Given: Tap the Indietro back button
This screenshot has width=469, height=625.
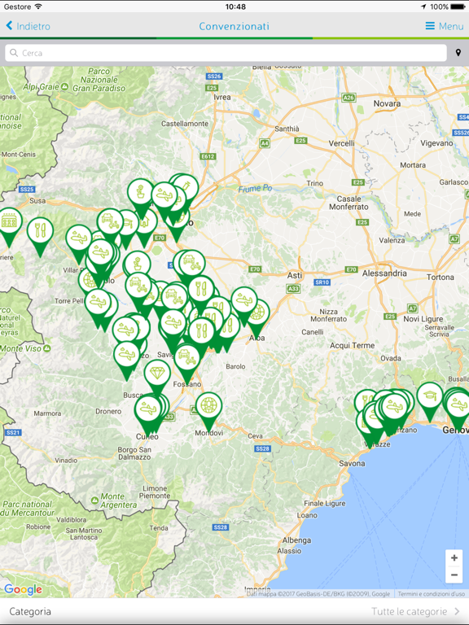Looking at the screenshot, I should click(x=28, y=26).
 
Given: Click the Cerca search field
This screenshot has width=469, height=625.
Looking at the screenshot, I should click(x=226, y=53).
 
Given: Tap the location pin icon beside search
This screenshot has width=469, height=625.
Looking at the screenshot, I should click(x=458, y=53).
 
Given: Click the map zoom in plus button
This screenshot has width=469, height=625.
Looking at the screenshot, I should click(x=454, y=558).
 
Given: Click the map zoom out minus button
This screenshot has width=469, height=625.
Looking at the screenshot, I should click(x=454, y=575).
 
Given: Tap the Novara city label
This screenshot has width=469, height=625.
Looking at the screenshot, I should click(x=387, y=104).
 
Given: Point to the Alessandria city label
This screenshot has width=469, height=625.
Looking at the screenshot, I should click(x=385, y=274).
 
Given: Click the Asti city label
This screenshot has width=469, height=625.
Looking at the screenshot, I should click(x=295, y=276).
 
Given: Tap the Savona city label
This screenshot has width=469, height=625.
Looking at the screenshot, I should click(x=352, y=463).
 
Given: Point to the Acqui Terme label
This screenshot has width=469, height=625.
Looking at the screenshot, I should click(x=352, y=345).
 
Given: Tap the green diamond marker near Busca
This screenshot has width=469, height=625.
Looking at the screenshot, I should click(x=157, y=374).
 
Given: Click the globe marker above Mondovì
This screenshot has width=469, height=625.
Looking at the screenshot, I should click(x=209, y=405).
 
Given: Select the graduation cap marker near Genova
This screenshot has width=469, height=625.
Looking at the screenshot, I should click(x=429, y=396).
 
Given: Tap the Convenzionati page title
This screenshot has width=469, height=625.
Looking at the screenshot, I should click(x=234, y=26).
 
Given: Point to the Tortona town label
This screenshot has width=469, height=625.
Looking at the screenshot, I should click(x=441, y=278).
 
